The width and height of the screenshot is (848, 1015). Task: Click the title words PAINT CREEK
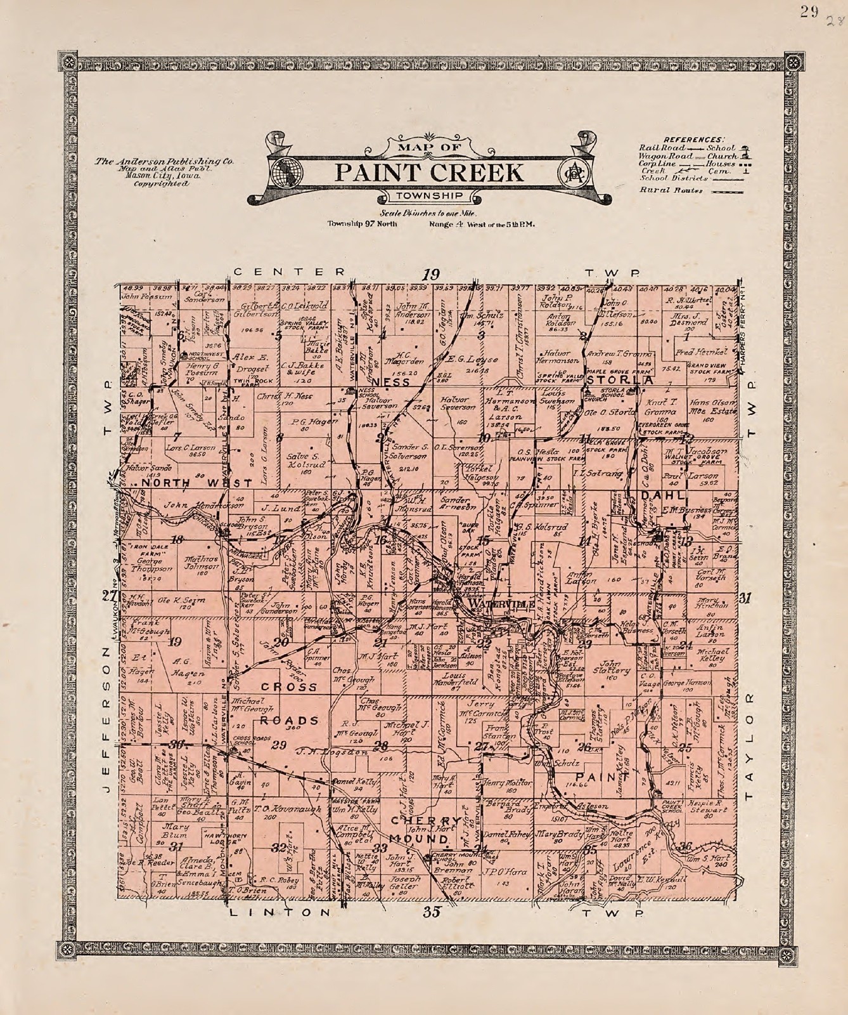coord(430,172)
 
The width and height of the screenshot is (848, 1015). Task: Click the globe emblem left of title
coord(287,171)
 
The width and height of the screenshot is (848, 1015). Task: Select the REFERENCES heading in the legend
coord(693,139)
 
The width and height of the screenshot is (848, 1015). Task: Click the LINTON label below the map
coord(279,913)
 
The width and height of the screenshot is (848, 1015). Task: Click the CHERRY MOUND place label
coord(423,830)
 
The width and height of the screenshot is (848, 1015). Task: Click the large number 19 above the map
coord(431,274)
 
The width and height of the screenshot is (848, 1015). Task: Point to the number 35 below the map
coord(432,913)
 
